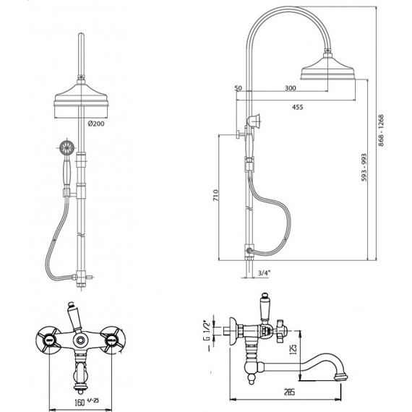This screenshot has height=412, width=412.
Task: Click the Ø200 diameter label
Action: (x=96, y=124)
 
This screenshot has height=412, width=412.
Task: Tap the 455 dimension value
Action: (x=298, y=107)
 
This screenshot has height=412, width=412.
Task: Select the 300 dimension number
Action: (x=291, y=88)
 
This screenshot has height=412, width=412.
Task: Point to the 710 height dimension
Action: (x=215, y=195)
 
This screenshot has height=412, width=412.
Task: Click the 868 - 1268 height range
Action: (x=381, y=130)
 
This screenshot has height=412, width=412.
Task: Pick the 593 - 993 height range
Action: (x=364, y=168)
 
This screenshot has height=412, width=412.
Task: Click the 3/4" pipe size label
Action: (x=264, y=272)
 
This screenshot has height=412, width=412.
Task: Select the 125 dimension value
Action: (x=294, y=349)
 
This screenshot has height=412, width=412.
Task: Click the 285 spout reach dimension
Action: (x=289, y=392)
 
